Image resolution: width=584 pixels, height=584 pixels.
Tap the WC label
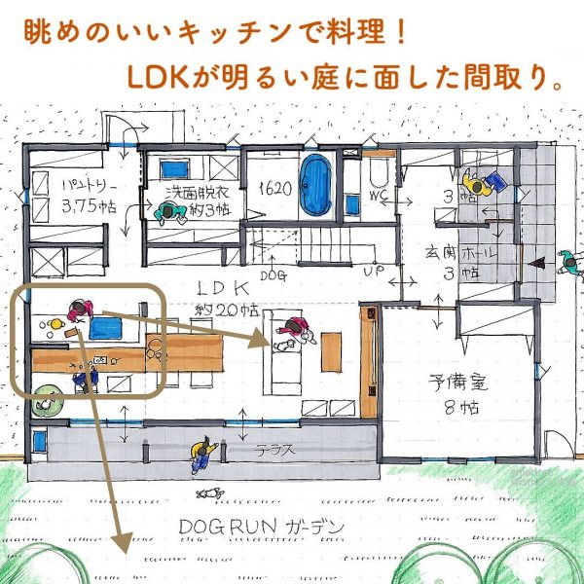(377, 195)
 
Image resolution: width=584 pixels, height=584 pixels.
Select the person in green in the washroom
(162, 210)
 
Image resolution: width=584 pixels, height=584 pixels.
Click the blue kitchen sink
(103, 328)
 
